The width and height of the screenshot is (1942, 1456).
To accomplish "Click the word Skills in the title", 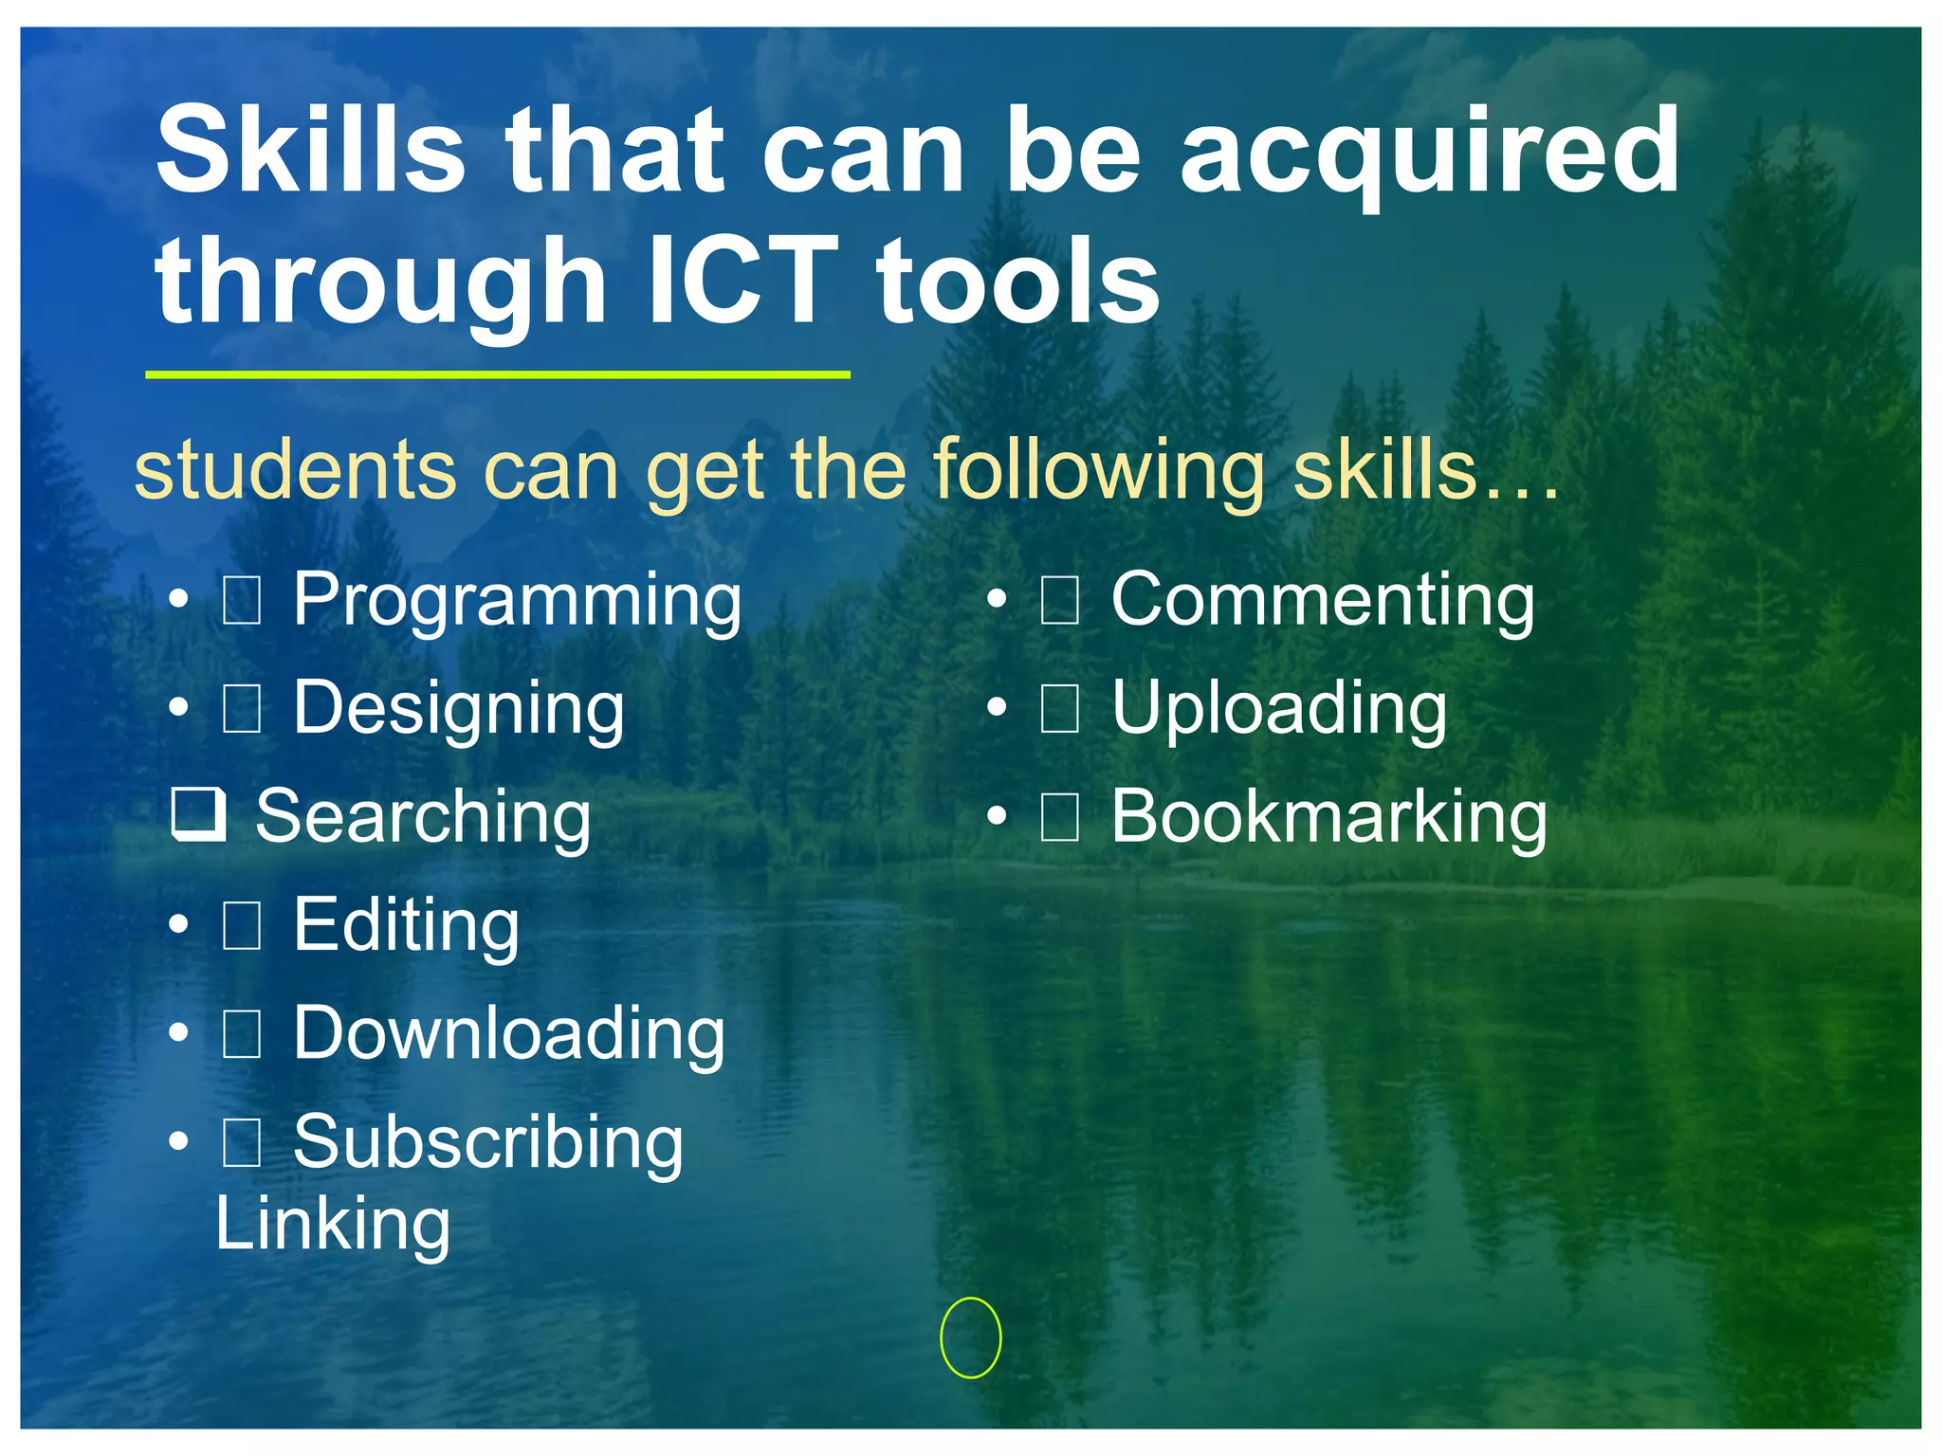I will (x=310, y=152).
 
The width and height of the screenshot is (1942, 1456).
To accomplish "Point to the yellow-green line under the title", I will (x=497, y=375).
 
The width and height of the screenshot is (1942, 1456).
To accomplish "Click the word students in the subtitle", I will (x=295, y=470).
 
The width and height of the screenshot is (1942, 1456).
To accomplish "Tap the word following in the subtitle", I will (x=1099, y=472).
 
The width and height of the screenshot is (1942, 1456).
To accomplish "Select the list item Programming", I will (x=517, y=601).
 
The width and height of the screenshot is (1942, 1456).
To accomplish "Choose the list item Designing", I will (x=459, y=710).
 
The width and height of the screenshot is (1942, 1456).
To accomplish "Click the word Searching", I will (x=423, y=817).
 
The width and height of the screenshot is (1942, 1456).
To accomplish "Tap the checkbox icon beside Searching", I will (x=198, y=814).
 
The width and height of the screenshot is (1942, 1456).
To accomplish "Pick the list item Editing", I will (x=406, y=926).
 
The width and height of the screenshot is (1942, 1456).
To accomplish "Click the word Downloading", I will (x=509, y=1033).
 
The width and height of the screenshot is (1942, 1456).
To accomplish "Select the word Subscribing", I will (x=488, y=1143).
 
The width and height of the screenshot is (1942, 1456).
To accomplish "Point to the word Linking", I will (x=333, y=1225).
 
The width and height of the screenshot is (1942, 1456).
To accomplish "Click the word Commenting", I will (x=1323, y=601).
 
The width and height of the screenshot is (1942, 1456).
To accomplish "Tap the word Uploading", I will (x=1279, y=710).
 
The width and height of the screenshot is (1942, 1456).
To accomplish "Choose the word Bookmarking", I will (x=1328, y=817).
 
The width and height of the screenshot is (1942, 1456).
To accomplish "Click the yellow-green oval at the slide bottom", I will (x=970, y=1338).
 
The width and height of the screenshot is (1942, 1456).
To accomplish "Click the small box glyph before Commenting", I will (x=1059, y=601).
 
